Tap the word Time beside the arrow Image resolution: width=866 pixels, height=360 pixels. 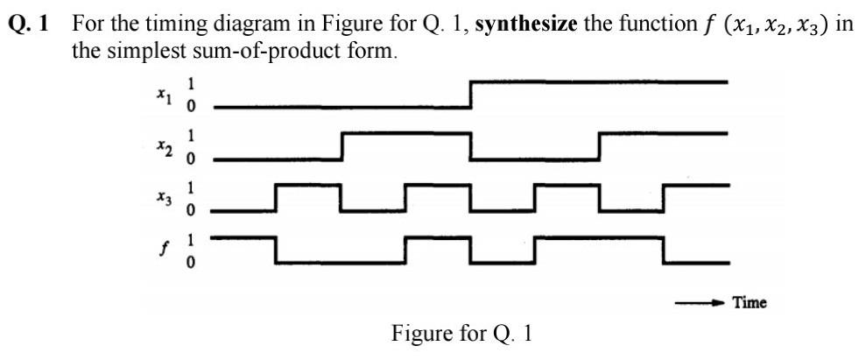[750, 303]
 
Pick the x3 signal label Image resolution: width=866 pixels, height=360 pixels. [162, 199]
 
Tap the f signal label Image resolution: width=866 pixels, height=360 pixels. [163, 250]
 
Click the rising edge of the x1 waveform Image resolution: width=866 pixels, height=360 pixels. [471, 95]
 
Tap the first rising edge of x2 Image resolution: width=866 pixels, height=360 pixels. [341, 146]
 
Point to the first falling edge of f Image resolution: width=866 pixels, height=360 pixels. [276, 250]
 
